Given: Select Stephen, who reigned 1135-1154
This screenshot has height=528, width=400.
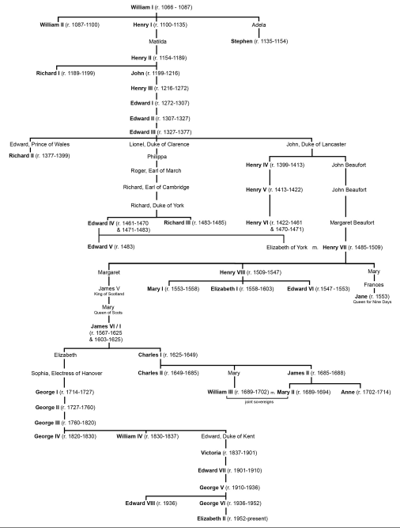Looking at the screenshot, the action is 241,41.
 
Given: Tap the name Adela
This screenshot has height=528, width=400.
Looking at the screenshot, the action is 258,25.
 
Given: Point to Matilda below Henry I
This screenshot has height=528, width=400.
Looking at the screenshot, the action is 157,41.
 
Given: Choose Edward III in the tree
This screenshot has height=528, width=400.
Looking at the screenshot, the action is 142,132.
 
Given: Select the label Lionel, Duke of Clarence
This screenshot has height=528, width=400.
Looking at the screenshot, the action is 159,144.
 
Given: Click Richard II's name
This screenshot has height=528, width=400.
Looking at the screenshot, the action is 21,156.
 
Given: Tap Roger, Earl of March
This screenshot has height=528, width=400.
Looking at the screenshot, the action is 156,171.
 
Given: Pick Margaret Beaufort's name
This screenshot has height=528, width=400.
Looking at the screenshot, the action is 352,222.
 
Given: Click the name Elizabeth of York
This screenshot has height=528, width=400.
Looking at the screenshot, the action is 287,247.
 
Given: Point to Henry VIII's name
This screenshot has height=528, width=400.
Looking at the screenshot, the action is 232,272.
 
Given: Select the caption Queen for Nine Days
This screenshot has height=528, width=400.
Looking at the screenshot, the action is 372,302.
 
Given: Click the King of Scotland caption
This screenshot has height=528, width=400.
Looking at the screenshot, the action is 109,294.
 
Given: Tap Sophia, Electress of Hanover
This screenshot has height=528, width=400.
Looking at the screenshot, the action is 66,373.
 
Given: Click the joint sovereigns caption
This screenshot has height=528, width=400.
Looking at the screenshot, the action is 259,402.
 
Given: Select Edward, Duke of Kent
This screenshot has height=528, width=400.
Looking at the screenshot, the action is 228,436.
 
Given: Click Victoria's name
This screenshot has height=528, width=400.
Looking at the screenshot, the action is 211,453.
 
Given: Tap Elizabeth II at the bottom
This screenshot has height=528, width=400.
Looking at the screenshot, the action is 211,519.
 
